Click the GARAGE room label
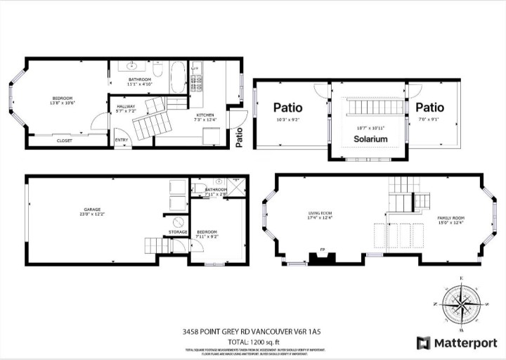[x=91, y=210]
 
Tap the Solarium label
[x=370, y=139]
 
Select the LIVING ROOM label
[x=320, y=213]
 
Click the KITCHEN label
[x=205, y=115]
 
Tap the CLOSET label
[x=64, y=141]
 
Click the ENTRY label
[x=122, y=140]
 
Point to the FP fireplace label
[x=323, y=249]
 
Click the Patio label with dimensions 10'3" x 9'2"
[x=288, y=108]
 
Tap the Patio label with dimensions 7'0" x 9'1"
[x=429, y=108]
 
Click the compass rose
[x=460, y=304]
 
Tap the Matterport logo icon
[x=424, y=342]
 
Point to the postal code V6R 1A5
[x=300, y=331]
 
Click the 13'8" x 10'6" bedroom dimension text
[x=62, y=103]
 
